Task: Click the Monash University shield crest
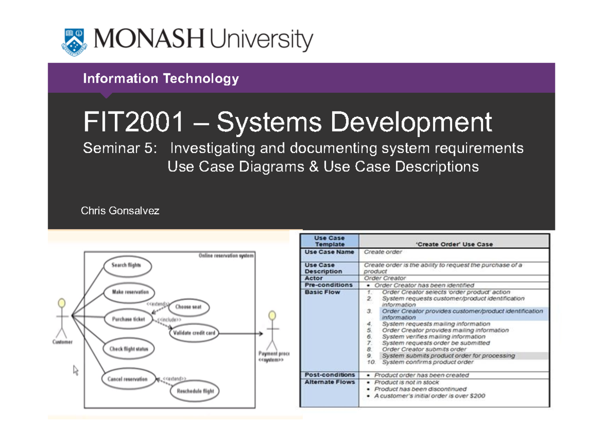click(x=74, y=41)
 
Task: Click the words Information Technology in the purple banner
click(x=161, y=79)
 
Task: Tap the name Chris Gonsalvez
click(x=120, y=211)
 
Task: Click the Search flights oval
click(x=126, y=265)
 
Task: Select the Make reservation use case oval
click(x=130, y=292)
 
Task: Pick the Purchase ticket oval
click(x=128, y=319)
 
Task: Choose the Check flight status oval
click(x=129, y=349)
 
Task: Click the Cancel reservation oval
click(x=127, y=379)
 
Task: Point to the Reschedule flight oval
click(x=195, y=392)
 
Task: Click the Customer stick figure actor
click(x=62, y=319)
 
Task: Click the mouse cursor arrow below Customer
click(x=76, y=370)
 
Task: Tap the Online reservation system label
click(x=226, y=256)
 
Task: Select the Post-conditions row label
click(x=330, y=375)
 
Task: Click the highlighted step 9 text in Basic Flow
click(x=448, y=356)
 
